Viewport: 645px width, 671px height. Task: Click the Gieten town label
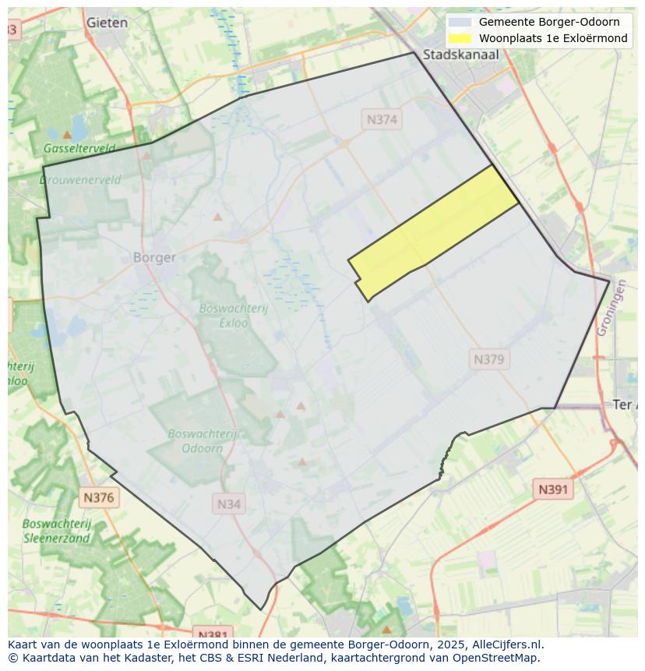(107, 23)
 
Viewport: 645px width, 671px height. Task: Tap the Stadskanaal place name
(460, 55)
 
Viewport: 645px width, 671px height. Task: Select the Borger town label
(154, 257)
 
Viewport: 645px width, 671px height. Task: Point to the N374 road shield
(382, 119)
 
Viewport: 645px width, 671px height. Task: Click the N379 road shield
(489, 359)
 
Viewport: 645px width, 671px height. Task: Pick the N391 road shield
(553, 489)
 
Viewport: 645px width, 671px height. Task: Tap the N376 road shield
(99, 497)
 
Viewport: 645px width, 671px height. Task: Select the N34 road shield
(228, 504)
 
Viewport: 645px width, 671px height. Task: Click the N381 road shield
(212, 634)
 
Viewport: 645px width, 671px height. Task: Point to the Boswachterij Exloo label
(233, 315)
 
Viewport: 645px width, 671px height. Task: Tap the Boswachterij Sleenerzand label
(57, 531)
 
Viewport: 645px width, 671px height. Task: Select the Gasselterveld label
(79, 148)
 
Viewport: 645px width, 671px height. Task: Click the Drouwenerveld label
(80, 180)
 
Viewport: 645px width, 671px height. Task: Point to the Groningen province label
(611, 309)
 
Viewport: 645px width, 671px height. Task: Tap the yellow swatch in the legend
(460, 38)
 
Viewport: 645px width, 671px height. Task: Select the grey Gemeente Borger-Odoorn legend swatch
(460, 22)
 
